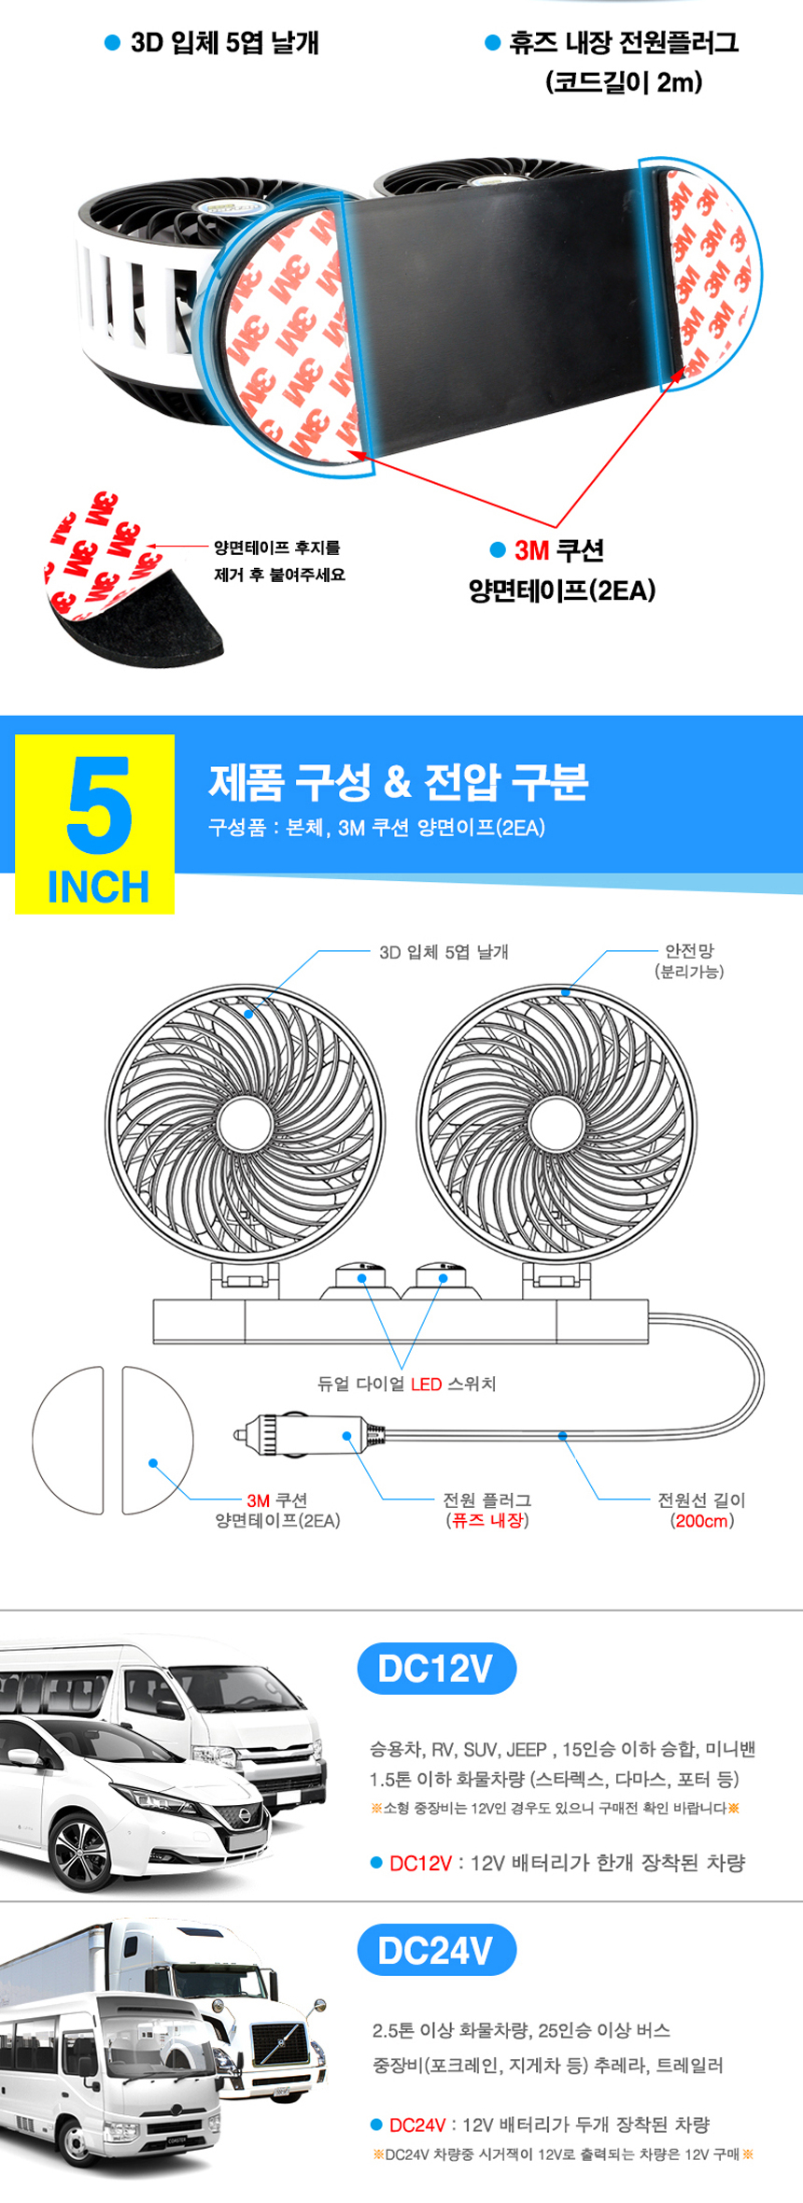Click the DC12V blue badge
click(x=436, y=1668)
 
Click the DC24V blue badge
click(x=436, y=1950)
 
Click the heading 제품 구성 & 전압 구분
click(x=398, y=782)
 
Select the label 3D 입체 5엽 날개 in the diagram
click(x=444, y=952)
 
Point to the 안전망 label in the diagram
click(x=689, y=950)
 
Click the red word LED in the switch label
click(x=426, y=1384)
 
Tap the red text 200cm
click(x=701, y=1520)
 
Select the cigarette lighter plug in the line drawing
click(x=309, y=1434)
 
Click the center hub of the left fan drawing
click(x=245, y=1124)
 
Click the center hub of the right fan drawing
click(x=556, y=1124)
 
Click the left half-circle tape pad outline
click(x=35, y=1439)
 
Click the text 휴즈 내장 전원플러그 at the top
click(x=624, y=43)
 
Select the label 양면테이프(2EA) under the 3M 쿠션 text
click(x=562, y=590)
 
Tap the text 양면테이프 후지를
click(x=277, y=547)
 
